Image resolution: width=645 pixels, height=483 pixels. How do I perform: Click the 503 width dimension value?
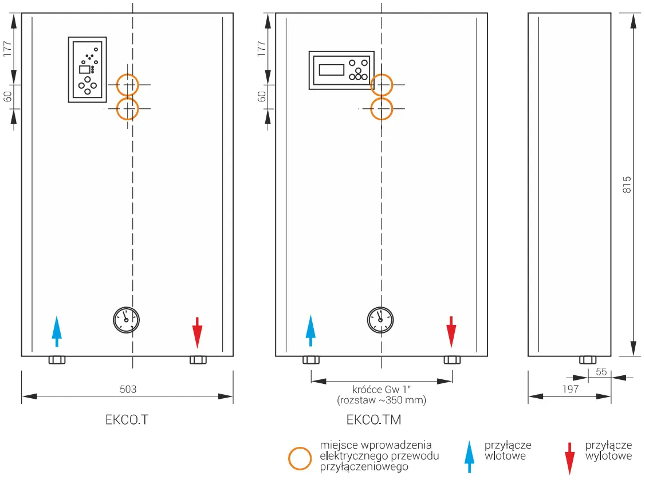tap(128, 390)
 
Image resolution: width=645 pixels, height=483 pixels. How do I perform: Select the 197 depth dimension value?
tap(570, 389)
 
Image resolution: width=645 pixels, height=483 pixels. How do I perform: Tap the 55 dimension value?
tap(601, 371)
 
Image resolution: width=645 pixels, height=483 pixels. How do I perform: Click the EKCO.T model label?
tap(127, 419)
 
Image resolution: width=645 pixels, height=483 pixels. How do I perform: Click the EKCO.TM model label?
tap(373, 419)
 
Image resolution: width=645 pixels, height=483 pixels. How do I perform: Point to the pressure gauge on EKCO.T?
tap(127, 320)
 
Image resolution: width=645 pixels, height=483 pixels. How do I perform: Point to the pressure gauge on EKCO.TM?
tap(380, 320)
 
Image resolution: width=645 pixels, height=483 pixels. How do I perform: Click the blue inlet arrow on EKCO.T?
tap(56, 331)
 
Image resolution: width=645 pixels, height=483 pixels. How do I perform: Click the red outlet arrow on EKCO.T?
tap(197, 332)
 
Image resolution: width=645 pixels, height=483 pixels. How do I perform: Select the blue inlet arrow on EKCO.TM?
tap(310, 330)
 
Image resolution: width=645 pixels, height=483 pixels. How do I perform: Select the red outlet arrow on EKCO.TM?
tap(451, 331)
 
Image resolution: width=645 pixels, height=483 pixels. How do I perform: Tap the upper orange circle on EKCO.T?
tap(128, 85)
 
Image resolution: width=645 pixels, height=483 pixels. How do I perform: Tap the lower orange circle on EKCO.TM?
tap(382, 108)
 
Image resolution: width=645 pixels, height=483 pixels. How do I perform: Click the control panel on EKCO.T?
tap(87, 70)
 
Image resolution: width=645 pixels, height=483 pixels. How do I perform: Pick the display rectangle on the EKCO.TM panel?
tap(332, 70)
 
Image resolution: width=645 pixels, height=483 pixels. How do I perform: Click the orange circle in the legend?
tap(300, 458)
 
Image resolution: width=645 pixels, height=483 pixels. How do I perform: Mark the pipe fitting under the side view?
tap(587, 360)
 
